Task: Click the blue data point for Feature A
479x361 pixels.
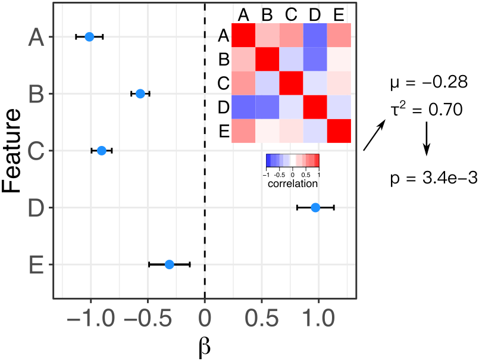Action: pos(89,36)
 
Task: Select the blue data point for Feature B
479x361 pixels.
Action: pos(140,94)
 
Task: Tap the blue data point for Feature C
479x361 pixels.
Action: pos(102,150)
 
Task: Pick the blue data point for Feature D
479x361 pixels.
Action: pos(315,207)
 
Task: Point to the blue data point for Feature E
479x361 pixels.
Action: pos(169,264)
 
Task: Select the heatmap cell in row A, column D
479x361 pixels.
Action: pos(315,35)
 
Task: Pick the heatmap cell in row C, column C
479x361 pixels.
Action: pos(291,83)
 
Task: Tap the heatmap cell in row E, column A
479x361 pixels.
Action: pos(243,131)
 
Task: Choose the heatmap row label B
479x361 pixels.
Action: pos(224,60)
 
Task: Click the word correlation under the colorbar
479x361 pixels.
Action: pos(292,183)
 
